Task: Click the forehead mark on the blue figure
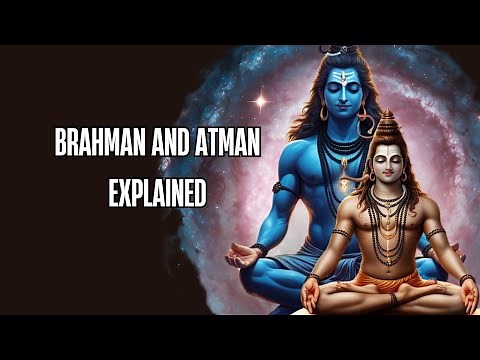point(342,77)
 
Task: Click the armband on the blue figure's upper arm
point(285,188)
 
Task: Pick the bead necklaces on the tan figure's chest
point(389,215)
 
